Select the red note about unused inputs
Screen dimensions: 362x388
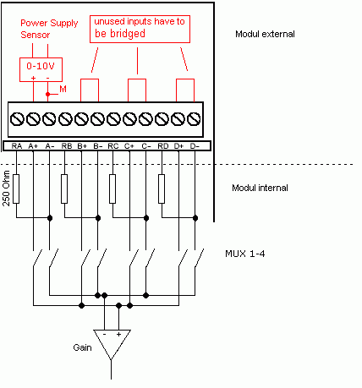click(x=140, y=29)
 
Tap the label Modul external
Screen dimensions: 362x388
click(x=265, y=34)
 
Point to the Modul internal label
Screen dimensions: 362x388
click(x=260, y=188)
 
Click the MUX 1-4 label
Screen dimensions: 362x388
click(x=245, y=254)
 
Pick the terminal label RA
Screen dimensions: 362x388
click(x=17, y=146)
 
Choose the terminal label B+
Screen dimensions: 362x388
click(x=82, y=146)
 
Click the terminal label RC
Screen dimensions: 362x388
click(x=113, y=146)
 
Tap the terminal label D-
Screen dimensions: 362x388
click(x=195, y=146)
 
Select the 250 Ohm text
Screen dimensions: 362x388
click(x=6, y=189)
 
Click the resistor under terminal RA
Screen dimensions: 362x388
click(x=16, y=189)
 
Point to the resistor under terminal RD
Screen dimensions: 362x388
click(x=162, y=189)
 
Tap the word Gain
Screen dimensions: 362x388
click(x=82, y=347)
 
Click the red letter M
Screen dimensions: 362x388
click(x=63, y=90)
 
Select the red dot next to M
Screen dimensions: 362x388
click(x=47, y=94)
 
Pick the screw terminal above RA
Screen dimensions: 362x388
click(x=17, y=119)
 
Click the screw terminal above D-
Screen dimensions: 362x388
click(x=194, y=119)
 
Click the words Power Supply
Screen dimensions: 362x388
click(x=49, y=24)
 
